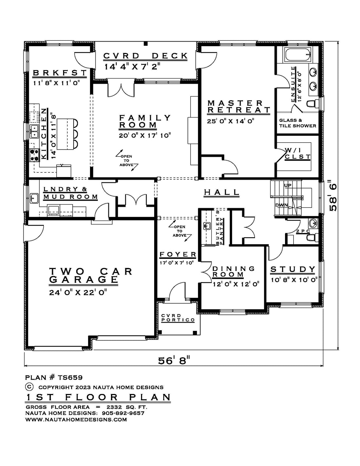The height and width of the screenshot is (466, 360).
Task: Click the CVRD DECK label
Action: click(x=146, y=56)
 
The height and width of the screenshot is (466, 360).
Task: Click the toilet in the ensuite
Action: click(x=312, y=104)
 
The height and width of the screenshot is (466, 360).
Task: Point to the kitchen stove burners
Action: click(x=34, y=155)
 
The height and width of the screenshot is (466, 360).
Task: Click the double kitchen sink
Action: click(x=34, y=131)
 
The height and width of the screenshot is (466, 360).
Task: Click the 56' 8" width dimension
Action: click(x=174, y=361)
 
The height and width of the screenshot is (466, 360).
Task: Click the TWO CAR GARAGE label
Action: click(x=91, y=276)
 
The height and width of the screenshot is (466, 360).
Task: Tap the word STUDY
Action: click(x=293, y=269)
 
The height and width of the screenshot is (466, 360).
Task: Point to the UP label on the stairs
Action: click(x=288, y=185)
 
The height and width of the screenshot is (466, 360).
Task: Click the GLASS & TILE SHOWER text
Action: click(x=297, y=123)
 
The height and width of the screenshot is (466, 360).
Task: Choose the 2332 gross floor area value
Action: click(x=114, y=407)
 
